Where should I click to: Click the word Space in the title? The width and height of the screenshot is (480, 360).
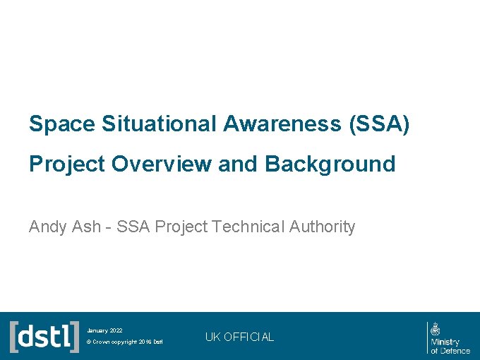coord(62,124)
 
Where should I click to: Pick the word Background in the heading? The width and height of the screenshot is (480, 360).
coord(330,164)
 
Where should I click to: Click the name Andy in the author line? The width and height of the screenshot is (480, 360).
coord(47,227)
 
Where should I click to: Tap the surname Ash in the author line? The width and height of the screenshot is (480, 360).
coord(84,227)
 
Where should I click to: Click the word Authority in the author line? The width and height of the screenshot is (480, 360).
coord(322,227)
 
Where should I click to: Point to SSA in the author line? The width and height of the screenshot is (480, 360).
coord(133,227)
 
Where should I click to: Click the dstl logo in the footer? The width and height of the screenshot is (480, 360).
coord(44,336)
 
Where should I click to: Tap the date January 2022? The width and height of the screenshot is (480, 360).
coord(104,330)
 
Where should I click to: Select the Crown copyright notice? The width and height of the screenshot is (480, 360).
coord(124,342)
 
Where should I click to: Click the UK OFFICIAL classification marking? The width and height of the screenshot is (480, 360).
coord(239,337)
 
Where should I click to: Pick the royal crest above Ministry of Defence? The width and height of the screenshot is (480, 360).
coord(436,328)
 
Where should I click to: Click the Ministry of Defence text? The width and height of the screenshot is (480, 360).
coord(450,346)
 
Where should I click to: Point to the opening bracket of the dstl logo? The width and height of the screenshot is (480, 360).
coord(13,336)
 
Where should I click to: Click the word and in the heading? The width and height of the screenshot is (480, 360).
coord(238,164)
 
